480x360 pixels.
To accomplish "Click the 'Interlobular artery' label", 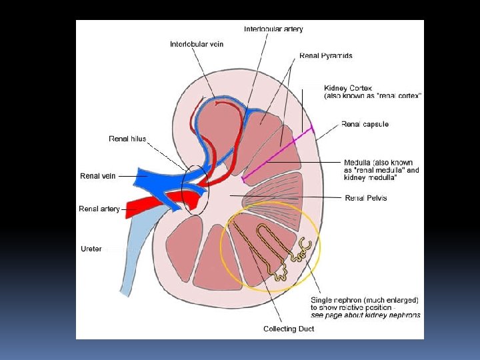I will click(x=274, y=29).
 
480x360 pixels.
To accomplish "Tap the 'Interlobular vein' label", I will click(x=197, y=44).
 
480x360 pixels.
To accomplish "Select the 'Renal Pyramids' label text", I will click(x=326, y=56).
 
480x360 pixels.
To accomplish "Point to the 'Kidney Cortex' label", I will click(x=349, y=87).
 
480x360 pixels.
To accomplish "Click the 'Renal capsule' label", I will click(x=365, y=124).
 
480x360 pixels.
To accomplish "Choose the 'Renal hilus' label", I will click(x=127, y=139).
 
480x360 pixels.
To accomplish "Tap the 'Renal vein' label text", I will click(x=98, y=176).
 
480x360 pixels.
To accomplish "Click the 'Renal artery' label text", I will click(x=99, y=209).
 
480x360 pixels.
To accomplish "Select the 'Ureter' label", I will click(x=91, y=249).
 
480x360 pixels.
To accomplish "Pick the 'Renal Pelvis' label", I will click(x=365, y=198).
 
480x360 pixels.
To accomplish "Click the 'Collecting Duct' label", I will click(x=289, y=329).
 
